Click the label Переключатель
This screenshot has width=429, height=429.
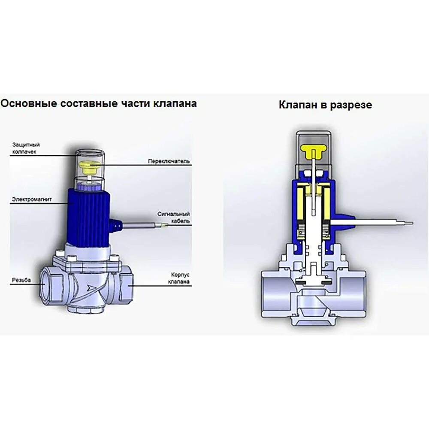coord(169,162)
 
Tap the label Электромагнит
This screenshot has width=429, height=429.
coord(27,199)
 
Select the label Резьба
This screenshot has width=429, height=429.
coord(21,280)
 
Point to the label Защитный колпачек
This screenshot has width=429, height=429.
coord(26,148)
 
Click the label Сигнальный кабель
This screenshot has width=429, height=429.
coord(173,217)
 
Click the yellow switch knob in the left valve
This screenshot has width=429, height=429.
coord(90,166)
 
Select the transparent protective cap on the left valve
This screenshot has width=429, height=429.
coord(90,169)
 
